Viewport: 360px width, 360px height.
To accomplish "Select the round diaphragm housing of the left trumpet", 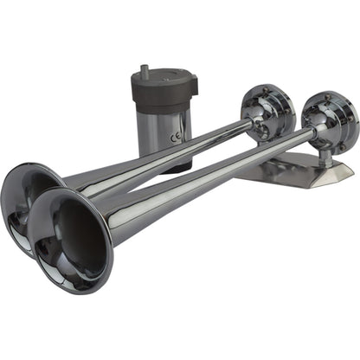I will [x=268, y=110].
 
